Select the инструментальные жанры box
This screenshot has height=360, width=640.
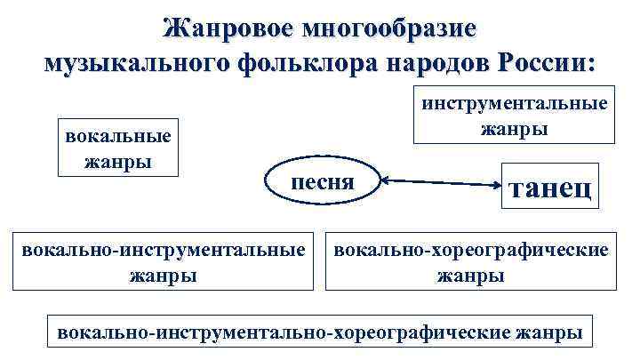(515, 115)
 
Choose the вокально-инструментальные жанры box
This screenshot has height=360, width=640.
(164, 261)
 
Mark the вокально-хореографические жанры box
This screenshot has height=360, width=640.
(471, 261)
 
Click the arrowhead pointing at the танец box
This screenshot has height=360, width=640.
(494, 185)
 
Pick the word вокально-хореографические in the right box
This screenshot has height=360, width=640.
(471, 250)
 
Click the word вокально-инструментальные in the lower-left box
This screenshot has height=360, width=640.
(164, 250)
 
